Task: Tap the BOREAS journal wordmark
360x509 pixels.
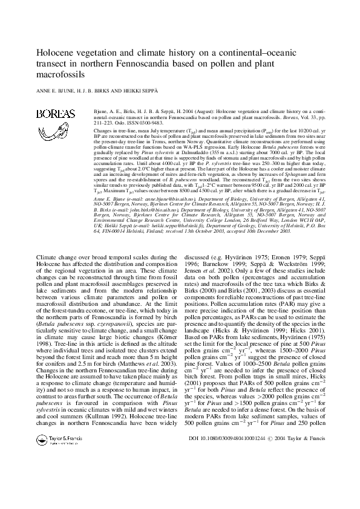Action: pyautogui.click(x=56, y=114)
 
